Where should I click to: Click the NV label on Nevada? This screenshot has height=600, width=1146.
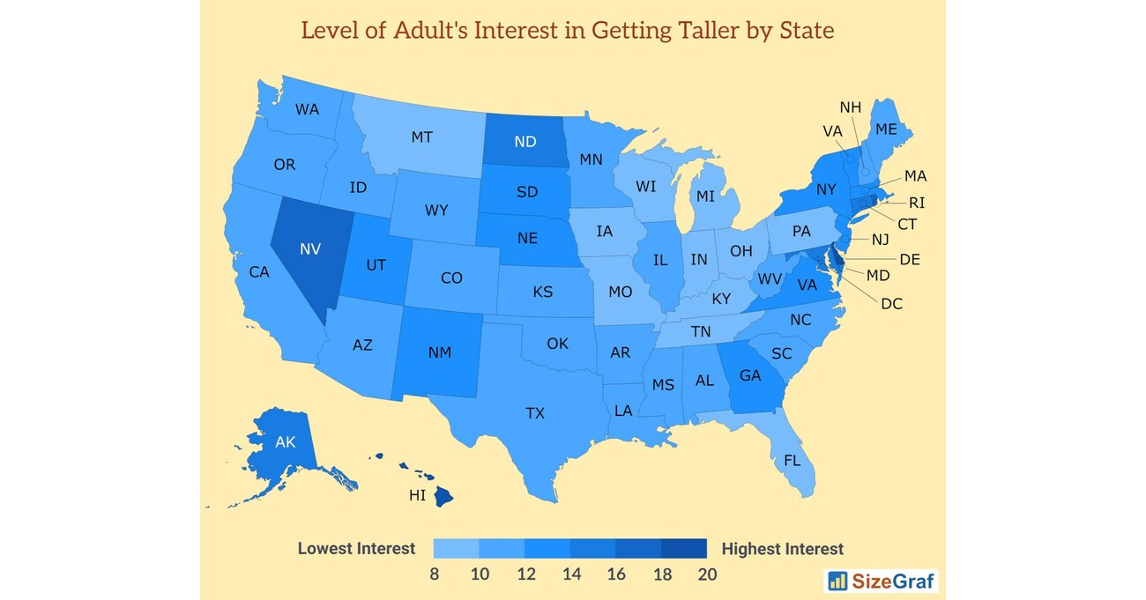309,249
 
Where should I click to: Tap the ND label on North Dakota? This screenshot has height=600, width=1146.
525,142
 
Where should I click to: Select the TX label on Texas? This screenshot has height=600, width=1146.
535,412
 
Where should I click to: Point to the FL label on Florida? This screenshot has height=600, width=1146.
792,460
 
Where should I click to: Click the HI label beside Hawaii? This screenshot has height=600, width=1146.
417,495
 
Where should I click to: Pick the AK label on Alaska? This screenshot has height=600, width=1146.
285,442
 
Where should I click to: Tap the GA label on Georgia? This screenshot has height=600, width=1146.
750,375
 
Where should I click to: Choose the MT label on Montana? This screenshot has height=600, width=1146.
421,137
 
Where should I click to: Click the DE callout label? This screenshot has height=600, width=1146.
910,259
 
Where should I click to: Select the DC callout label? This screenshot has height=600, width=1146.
892,303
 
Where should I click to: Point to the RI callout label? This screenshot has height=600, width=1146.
917,203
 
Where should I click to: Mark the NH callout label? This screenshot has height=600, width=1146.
850,107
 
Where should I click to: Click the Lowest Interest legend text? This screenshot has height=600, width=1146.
356,549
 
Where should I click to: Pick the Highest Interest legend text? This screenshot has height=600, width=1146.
782,549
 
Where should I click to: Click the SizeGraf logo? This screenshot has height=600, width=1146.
881,581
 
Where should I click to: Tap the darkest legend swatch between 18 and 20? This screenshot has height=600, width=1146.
684,549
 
